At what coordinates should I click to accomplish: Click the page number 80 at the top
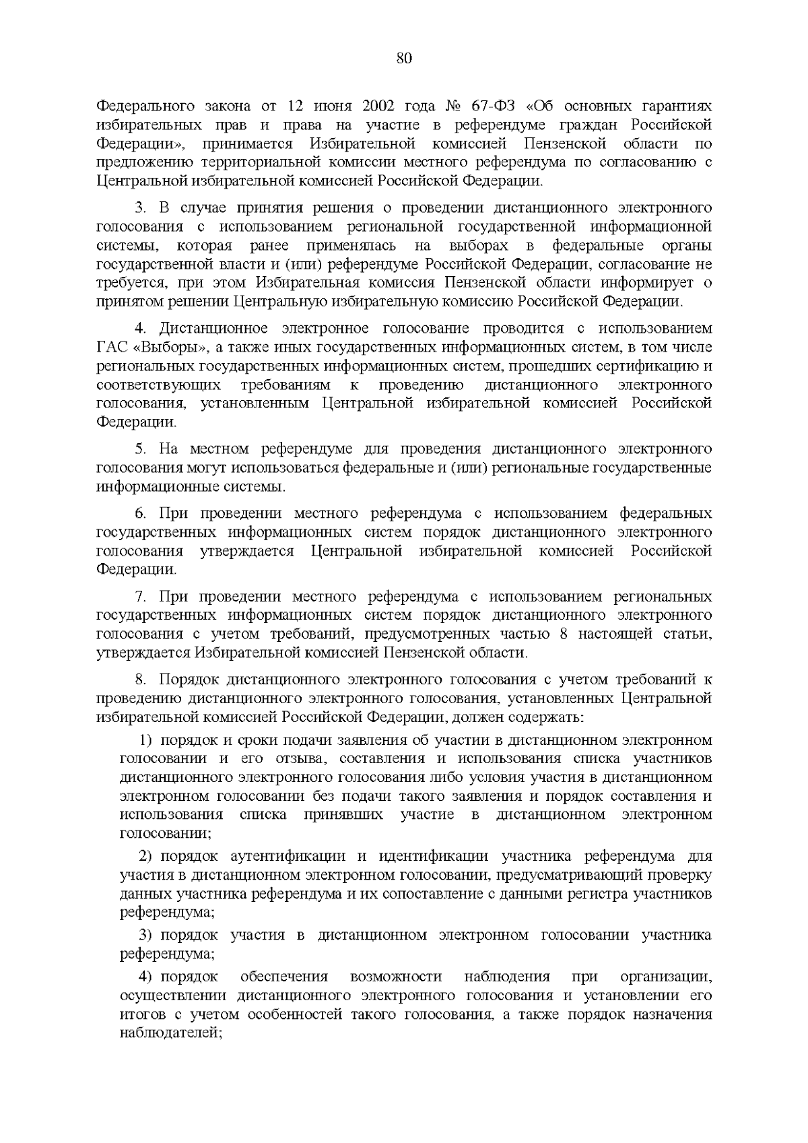click(x=404, y=59)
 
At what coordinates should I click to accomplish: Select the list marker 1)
click(x=145, y=741)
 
